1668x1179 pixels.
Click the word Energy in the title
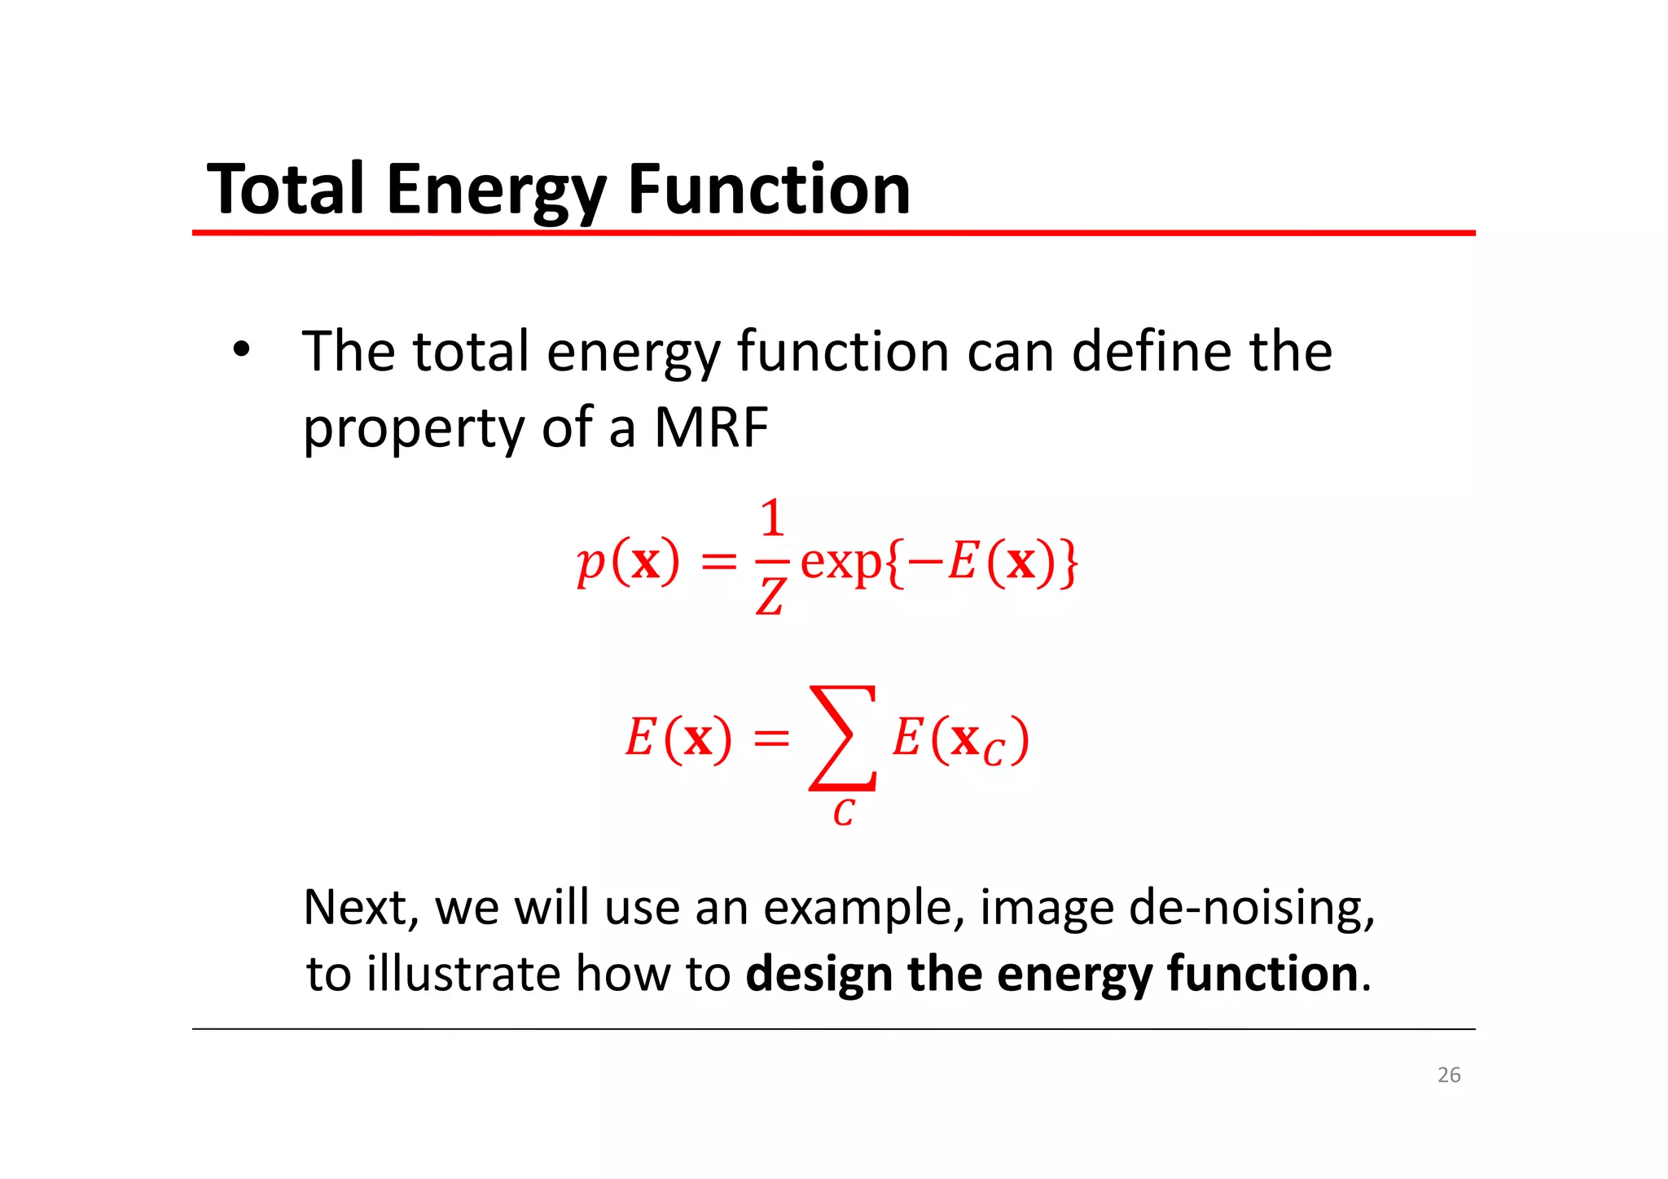point(495,191)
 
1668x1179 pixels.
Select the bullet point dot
point(240,350)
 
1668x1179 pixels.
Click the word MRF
point(711,427)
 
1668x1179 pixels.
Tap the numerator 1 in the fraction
point(772,519)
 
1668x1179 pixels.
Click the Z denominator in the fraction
point(770,596)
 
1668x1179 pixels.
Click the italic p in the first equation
point(590,563)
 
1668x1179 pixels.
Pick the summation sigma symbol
point(843,738)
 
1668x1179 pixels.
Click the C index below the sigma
point(843,813)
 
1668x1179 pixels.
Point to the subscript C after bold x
point(994,753)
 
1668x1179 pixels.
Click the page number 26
point(1449,1075)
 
